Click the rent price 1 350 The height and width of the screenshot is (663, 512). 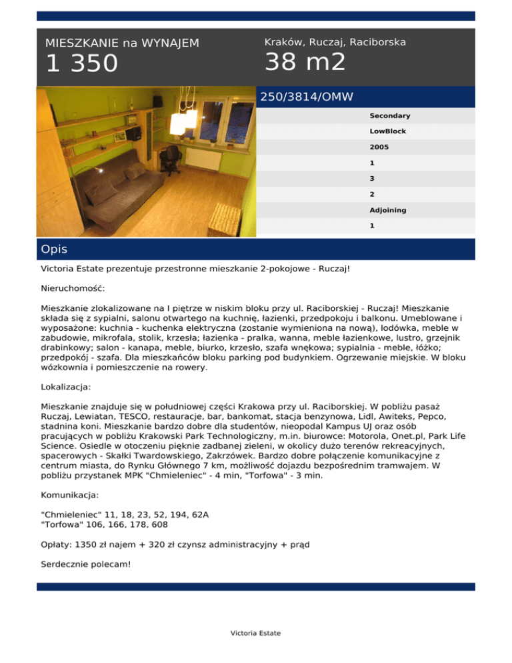[81, 64]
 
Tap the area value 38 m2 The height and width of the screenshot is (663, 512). [305, 62]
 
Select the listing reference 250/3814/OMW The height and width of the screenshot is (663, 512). [306, 97]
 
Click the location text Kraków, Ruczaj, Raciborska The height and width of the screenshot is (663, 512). [335, 42]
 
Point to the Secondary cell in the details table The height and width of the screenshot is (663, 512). [390, 115]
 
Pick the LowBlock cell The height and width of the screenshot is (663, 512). [388, 131]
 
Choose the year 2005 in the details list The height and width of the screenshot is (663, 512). [379, 147]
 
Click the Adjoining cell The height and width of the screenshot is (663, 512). [388, 210]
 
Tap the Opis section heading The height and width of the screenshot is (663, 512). [54, 249]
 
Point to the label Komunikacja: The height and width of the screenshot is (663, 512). [70, 496]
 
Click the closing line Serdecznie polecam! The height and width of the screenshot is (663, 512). [86, 564]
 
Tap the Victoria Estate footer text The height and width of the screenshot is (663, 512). [255, 633]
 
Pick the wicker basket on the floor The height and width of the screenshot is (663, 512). [225, 217]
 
